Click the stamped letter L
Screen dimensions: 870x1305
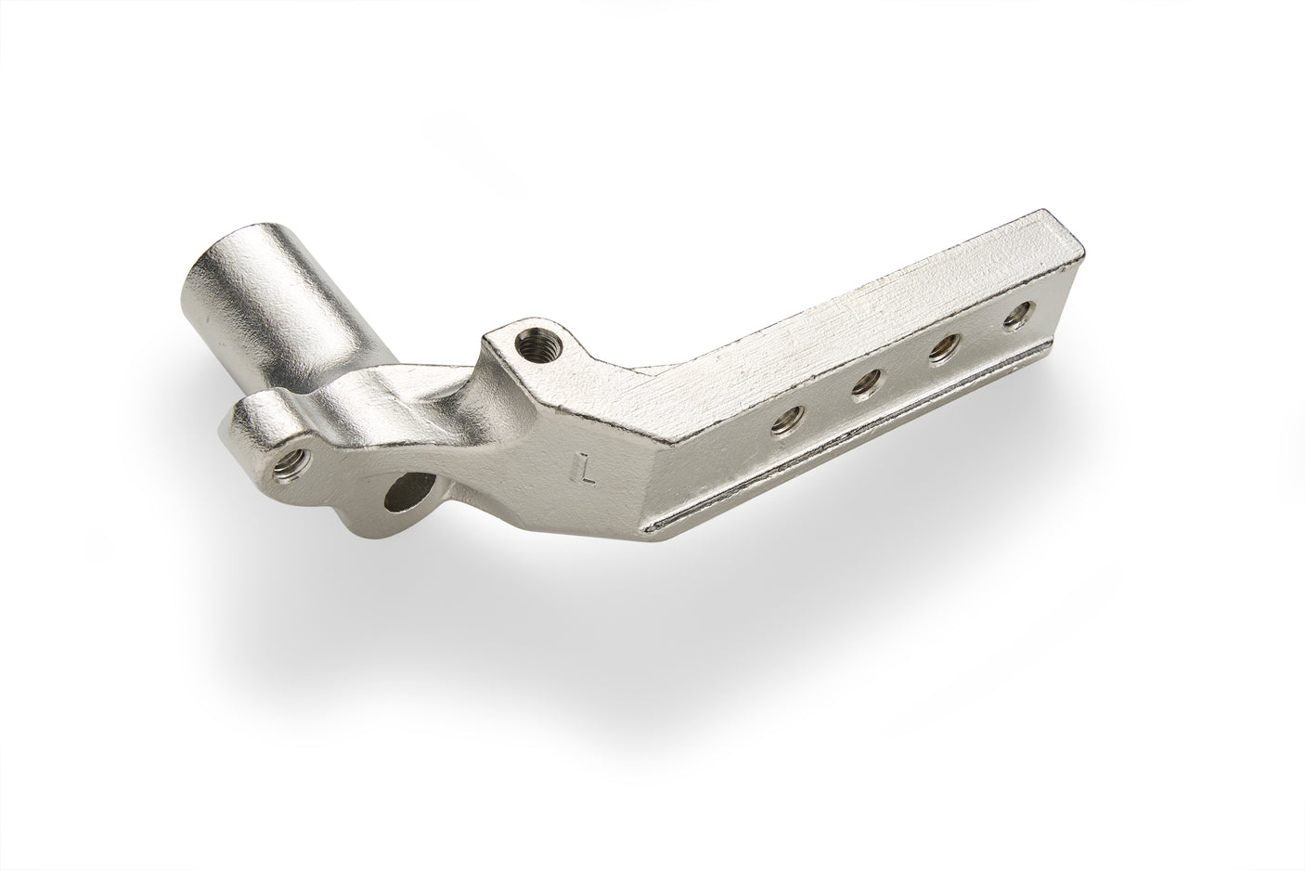point(586,468)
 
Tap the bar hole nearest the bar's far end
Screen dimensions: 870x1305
point(1019,314)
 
